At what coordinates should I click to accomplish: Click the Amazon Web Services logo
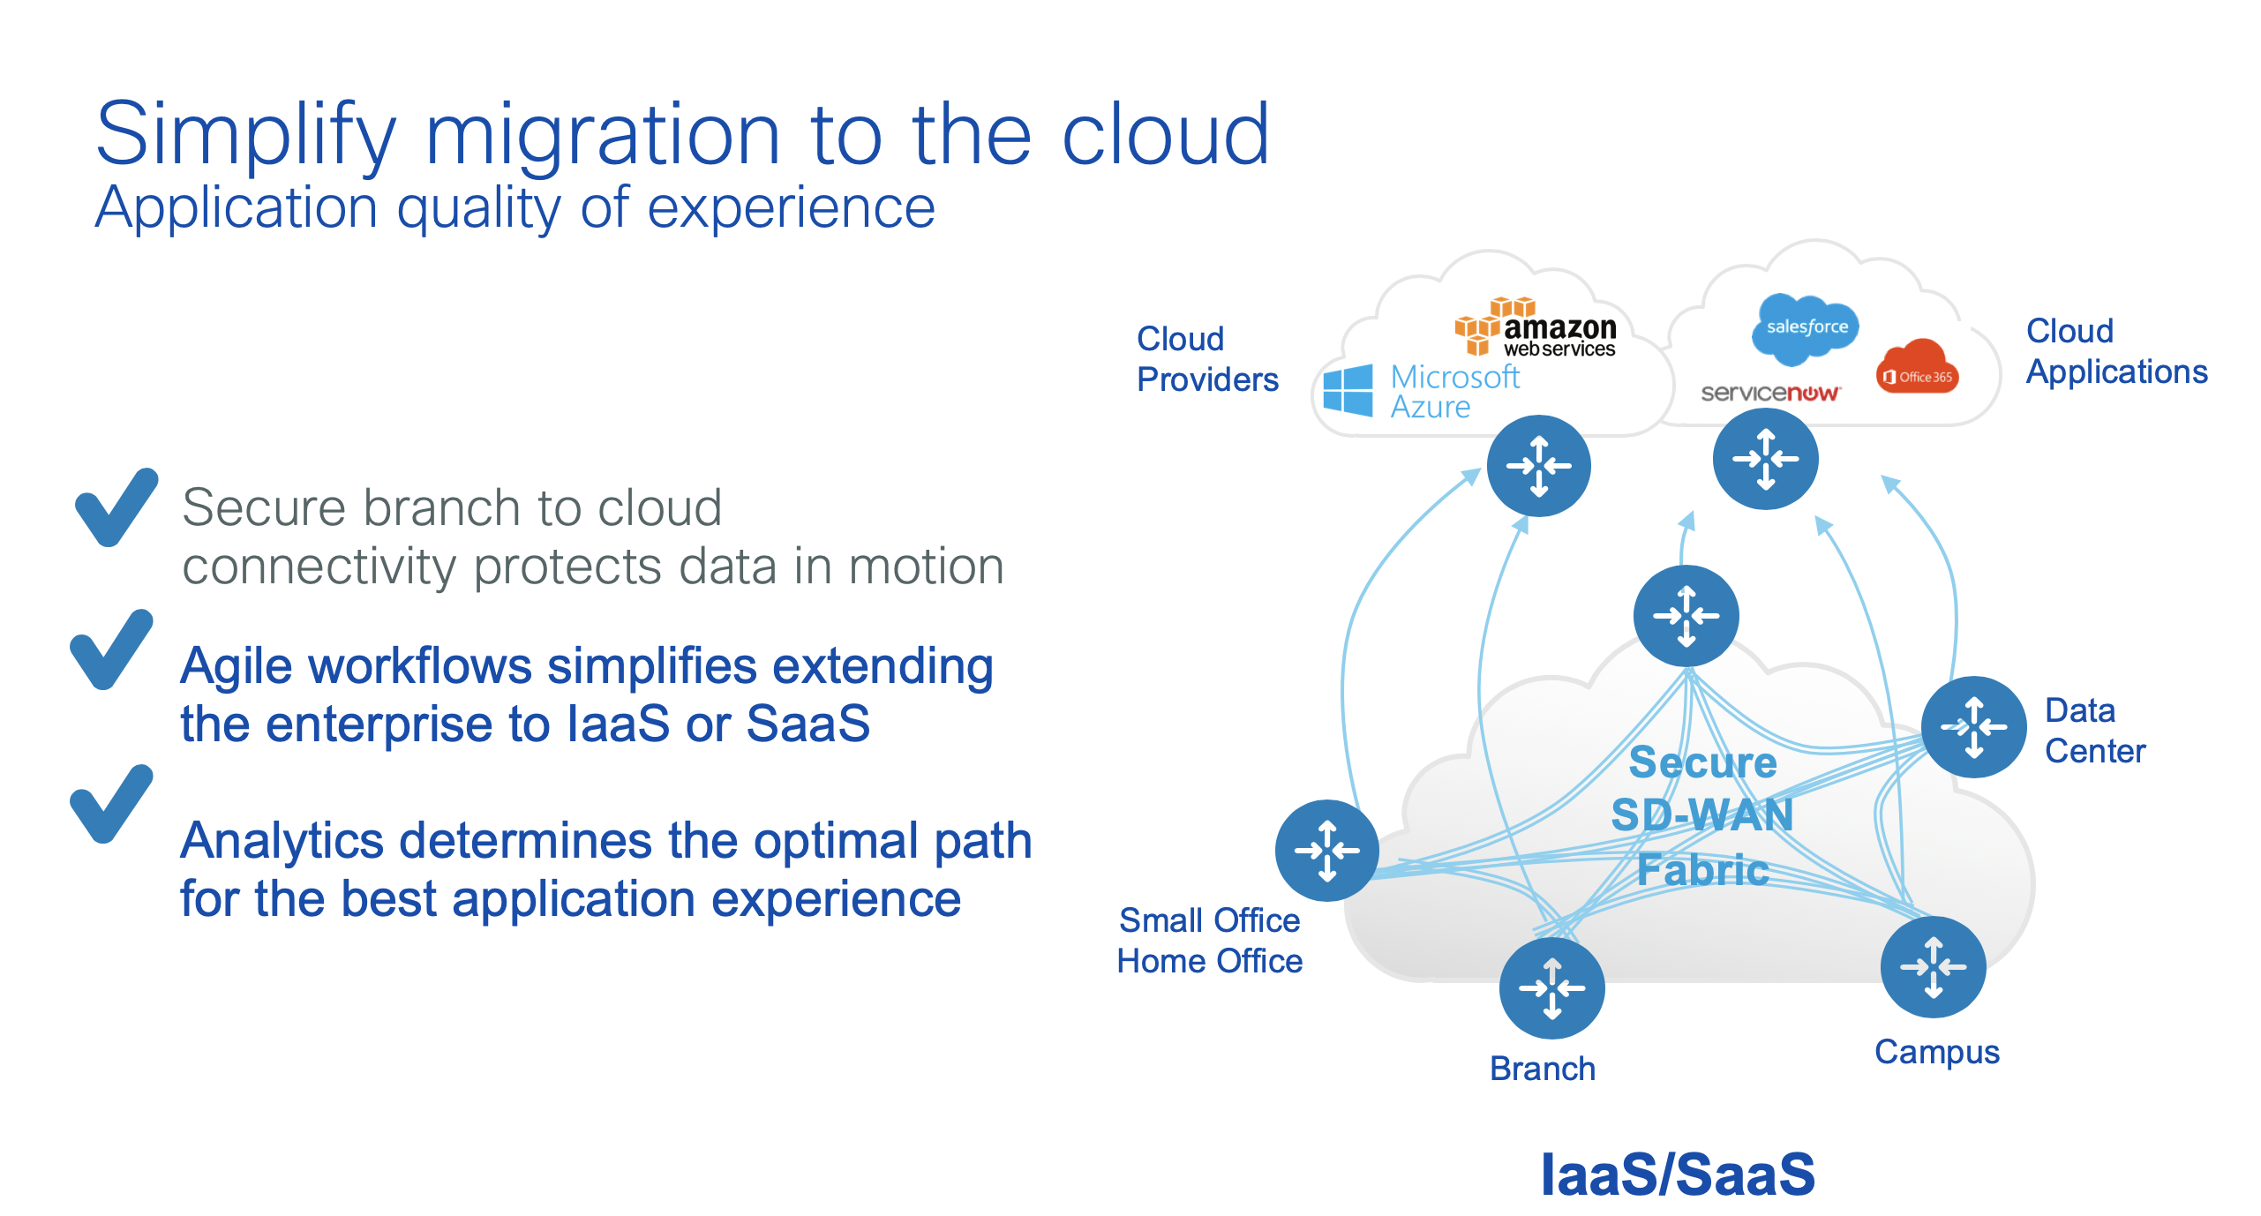1536,329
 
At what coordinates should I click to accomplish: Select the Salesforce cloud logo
1806,327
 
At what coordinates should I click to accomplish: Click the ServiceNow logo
1769,393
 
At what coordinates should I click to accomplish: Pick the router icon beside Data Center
1974,727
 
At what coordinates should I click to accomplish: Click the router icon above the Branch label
1551,987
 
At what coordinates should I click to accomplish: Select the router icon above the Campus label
1933,967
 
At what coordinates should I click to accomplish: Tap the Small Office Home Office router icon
1326,851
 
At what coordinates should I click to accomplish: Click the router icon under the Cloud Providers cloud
1538,466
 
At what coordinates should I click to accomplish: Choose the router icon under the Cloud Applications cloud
1765,459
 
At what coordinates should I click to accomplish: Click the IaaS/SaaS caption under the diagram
1678,1175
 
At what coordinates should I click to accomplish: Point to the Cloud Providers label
1206,359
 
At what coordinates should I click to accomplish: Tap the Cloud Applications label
2115,351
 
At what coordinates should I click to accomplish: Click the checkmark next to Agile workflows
111,649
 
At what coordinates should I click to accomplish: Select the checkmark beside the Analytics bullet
111,803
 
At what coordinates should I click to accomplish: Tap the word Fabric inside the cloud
1702,870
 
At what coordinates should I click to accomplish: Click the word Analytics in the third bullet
282,840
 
